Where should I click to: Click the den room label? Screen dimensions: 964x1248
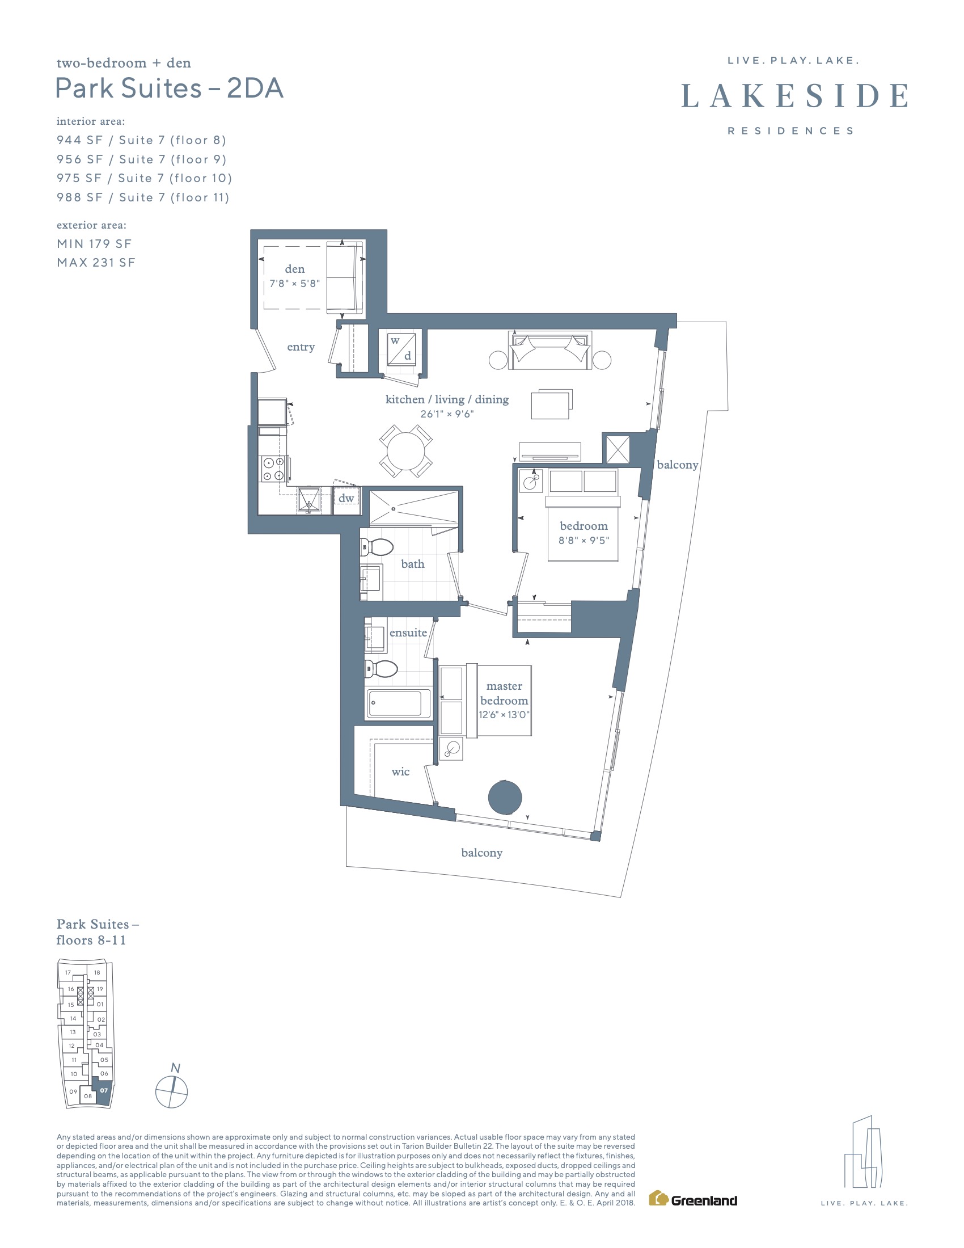click(295, 269)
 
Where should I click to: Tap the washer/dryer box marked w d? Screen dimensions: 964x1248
click(401, 348)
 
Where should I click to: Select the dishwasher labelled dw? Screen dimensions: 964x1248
click(346, 499)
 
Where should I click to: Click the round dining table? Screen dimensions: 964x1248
click(406, 451)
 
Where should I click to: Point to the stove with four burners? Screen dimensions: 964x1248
click(273, 469)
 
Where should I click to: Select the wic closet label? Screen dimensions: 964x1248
click(400, 771)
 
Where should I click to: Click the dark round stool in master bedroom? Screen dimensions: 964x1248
click(505, 798)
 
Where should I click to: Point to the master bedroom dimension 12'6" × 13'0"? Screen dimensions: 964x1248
click(504, 715)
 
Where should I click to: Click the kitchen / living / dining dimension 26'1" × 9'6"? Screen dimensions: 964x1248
click(447, 414)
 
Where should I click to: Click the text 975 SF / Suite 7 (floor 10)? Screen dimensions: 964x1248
click(145, 178)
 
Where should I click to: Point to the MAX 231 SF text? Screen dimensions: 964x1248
click(96, 262)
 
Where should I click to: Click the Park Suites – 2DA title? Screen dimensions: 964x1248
click(169, 88)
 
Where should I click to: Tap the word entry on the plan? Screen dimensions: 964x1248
click(301, 347)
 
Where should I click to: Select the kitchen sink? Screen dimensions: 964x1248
click(309, 499)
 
